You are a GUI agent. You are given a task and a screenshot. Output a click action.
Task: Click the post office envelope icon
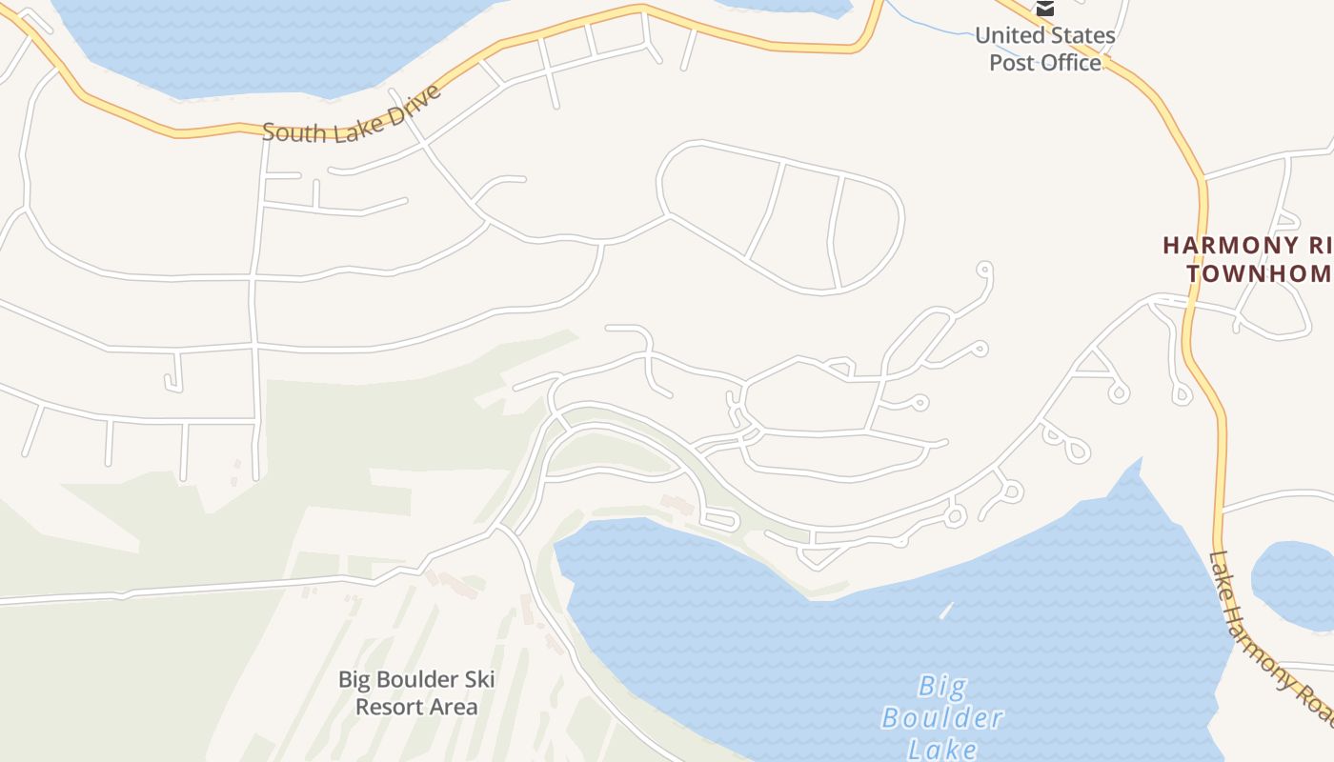pos(1045,9)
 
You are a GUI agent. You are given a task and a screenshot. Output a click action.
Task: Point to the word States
pos(1081,36)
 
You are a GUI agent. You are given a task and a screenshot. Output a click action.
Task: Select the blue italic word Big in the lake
pos(942,686)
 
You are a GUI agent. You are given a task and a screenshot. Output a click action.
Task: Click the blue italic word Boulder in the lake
pos(942,717)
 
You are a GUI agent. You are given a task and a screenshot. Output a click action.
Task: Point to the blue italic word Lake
pos(942,748)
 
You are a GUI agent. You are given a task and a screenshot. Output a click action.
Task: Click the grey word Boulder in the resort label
pos(415,680)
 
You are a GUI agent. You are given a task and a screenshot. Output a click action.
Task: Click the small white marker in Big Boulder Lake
pos(945,611)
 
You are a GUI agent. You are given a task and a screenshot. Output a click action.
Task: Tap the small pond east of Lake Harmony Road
pos(1294,584)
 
